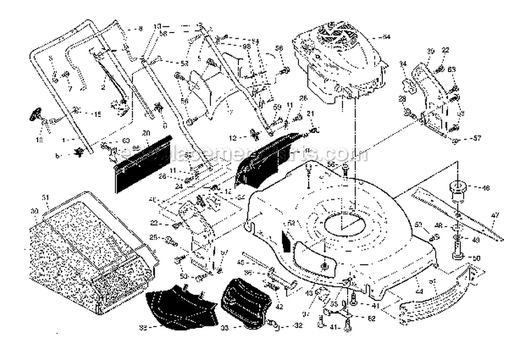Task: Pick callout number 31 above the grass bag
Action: click(x=46, y=197)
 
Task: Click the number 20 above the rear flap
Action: click(x=146, y=132)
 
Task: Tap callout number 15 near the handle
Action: click(x=97, y=114)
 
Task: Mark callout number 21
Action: click(x=311, y=113)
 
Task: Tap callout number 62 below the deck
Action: click(x=371, y=319)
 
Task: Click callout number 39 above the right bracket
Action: click(x=431, y=51)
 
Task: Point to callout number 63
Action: click(x=452, y=69)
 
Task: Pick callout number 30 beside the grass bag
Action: click(x=34, y=211)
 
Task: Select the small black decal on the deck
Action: click(x=285, y=236)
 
